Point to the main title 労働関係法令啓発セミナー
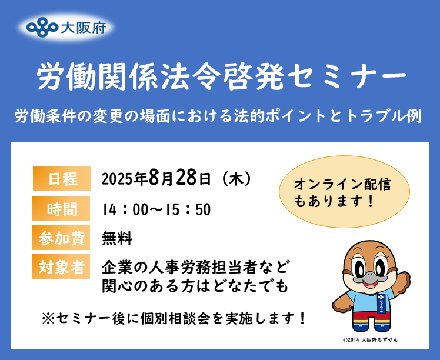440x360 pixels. point(220,77)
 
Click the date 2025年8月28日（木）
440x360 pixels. point(177,178)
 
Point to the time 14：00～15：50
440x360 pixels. point(156,209)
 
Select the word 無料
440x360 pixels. point(117,238)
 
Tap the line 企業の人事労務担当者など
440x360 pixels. point(196,268)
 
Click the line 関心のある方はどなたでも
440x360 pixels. point(196,286)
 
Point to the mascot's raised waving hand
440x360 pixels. point(402,279)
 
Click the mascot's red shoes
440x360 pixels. point(371,330)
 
